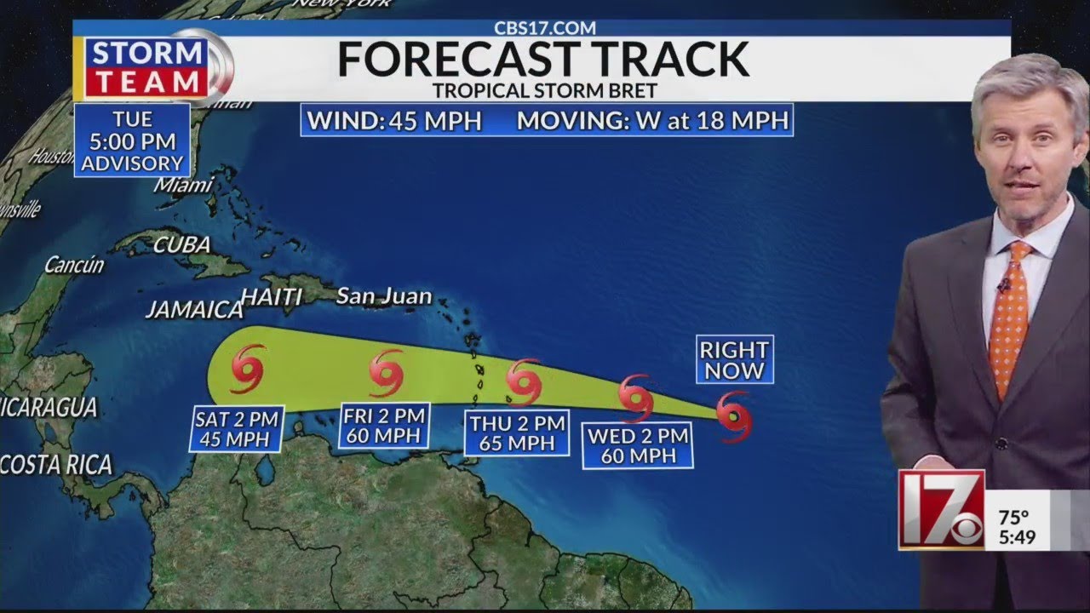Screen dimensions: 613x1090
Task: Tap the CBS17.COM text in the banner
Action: (x=545, y=27)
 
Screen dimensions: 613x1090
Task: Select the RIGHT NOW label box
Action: (x=735, y=359)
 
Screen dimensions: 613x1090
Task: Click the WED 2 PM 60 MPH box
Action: (x=638, y=446)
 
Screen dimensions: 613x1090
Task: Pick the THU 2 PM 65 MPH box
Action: (x=518, y=433)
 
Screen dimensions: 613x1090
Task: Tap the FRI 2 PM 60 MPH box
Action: (x=384, y=426)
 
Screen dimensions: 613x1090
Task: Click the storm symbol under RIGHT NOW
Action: (x=734, y=416)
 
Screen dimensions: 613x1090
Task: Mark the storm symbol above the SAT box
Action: (x=248, y=368)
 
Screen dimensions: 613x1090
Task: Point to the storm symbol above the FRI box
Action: (x=387, y=373)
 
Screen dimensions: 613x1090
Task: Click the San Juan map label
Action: (x=383, y=297)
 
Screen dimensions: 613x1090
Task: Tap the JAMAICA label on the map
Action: (x=194, y=310)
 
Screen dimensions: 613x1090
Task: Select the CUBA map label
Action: (x=181, y=245)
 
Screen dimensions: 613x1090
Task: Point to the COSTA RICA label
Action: (x=56, y=465)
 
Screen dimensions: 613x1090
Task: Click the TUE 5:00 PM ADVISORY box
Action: (x=132, y=140)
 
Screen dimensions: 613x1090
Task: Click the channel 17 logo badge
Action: (x=942, y=509)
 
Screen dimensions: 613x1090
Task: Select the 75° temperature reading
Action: (x=1013, y=518)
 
